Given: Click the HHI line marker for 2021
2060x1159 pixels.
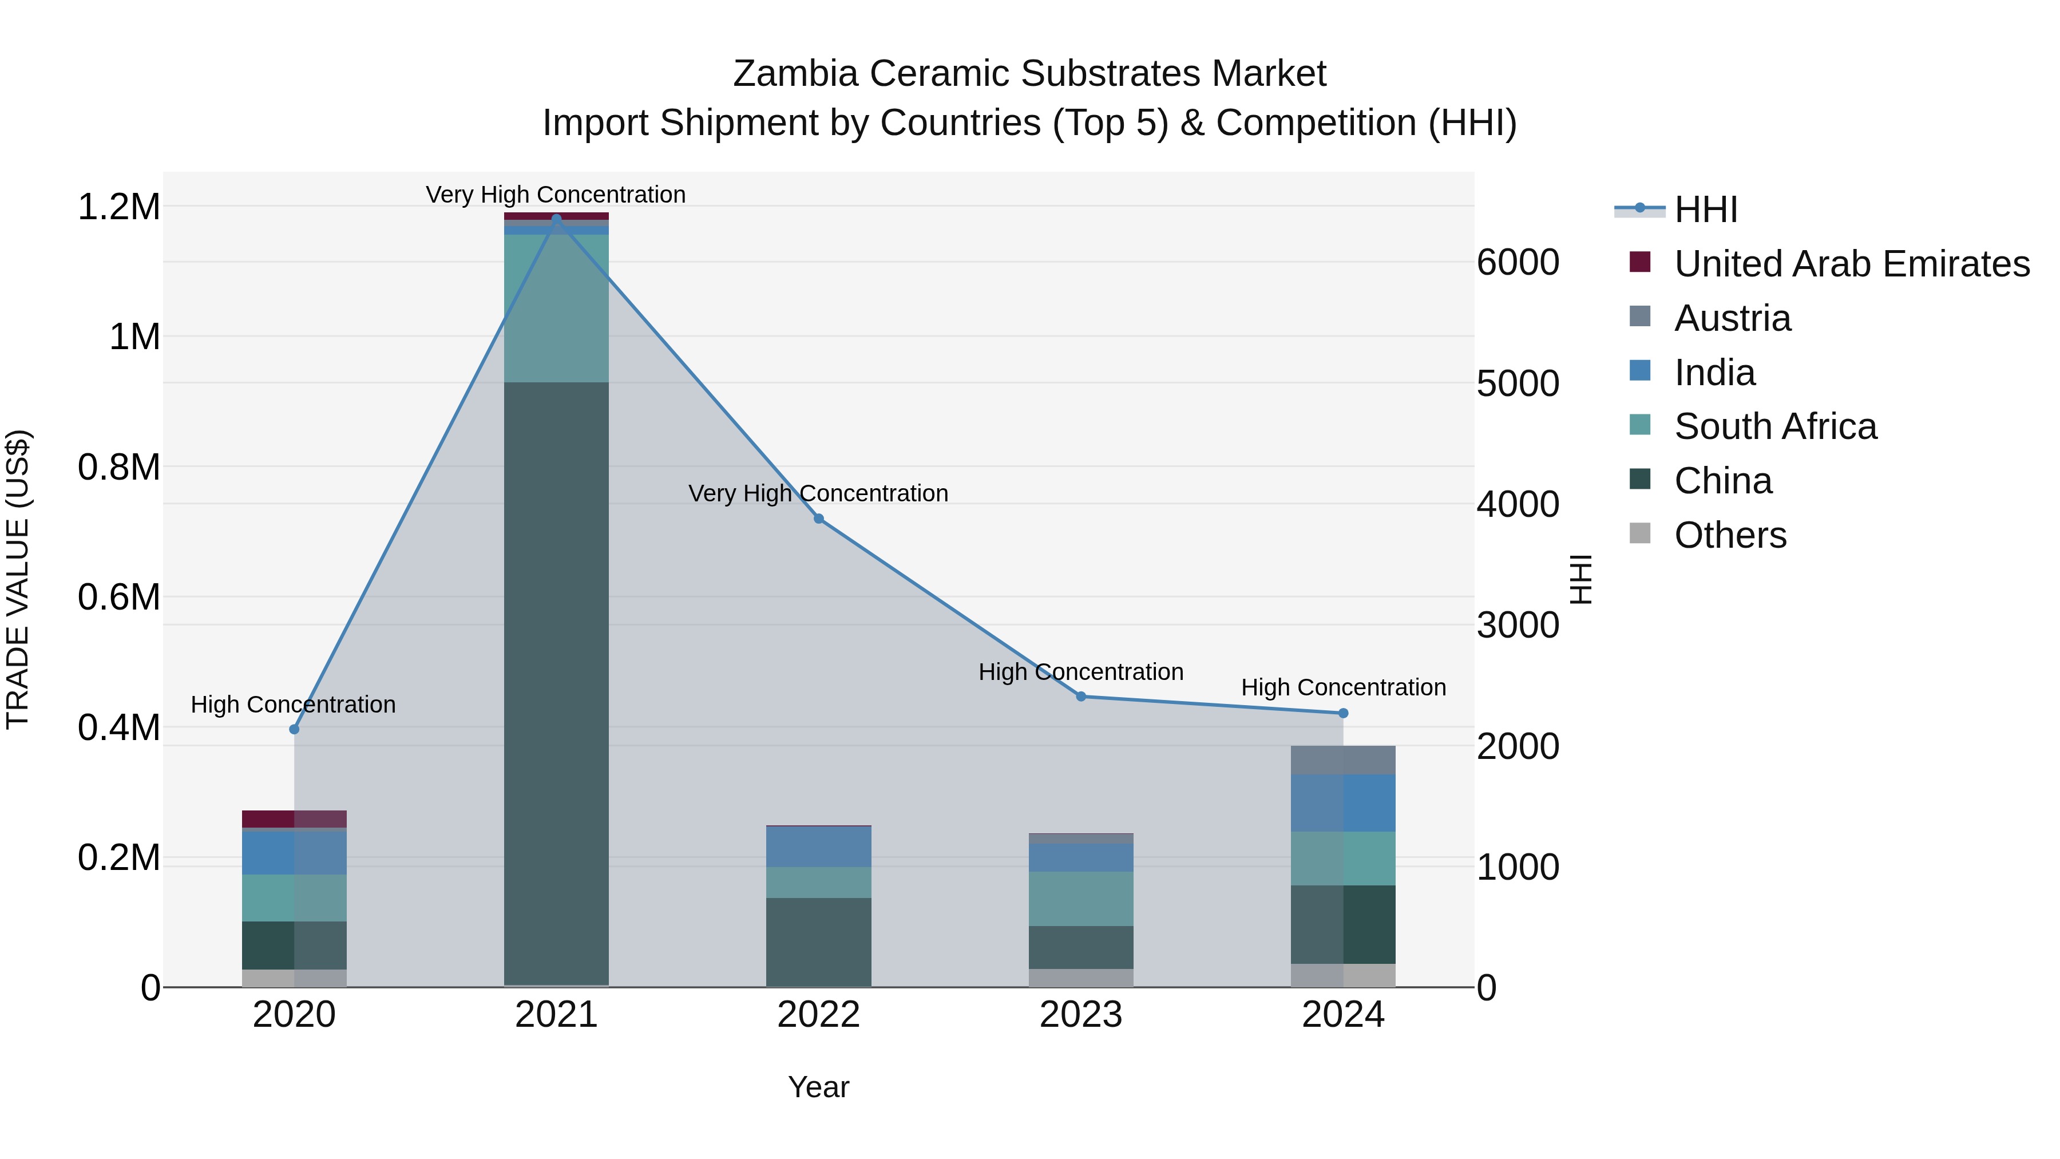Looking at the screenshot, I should (x=557, y=219).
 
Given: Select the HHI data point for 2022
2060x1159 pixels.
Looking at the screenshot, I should (x=819, y=519).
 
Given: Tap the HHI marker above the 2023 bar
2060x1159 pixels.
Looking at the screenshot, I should (x=1081, y=697).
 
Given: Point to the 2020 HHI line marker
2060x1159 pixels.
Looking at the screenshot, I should (x=294, y=730).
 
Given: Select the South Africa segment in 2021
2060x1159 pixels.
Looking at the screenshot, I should (x=557, y=308).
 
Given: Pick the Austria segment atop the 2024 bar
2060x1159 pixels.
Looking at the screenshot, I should (x=1344, y=760).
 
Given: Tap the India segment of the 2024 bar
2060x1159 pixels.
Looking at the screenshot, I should (x=1344, y=803).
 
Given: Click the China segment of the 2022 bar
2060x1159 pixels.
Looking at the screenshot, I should (x=819, y=942).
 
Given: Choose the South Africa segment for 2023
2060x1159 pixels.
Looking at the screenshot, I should (x=1081, y=899).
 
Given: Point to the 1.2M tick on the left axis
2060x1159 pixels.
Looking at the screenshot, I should (x=119, y=207).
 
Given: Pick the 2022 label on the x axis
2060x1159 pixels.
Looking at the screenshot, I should (x=819, y=1015).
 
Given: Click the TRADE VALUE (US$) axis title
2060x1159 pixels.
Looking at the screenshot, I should (x=18, y=579).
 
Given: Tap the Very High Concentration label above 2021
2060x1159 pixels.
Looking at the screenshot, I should (x=556, y=195).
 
